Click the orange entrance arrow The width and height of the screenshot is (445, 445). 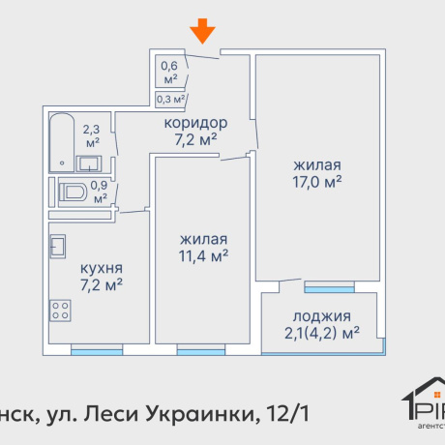(202, 32)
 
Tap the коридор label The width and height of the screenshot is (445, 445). (195, 124)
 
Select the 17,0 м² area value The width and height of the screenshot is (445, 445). (320, 180)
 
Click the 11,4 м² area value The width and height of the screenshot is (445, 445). (203, 256)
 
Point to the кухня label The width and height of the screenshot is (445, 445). (102, 268)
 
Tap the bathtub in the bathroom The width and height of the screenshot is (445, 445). (60, 137)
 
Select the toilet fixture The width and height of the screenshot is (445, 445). (72, 193)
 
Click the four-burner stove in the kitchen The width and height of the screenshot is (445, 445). (61, 311)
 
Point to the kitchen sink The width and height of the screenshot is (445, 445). (59, 246)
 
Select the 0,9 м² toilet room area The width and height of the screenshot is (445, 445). (98, 190)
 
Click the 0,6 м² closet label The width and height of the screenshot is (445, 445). (169, 73)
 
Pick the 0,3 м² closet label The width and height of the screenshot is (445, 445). (170, 98)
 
